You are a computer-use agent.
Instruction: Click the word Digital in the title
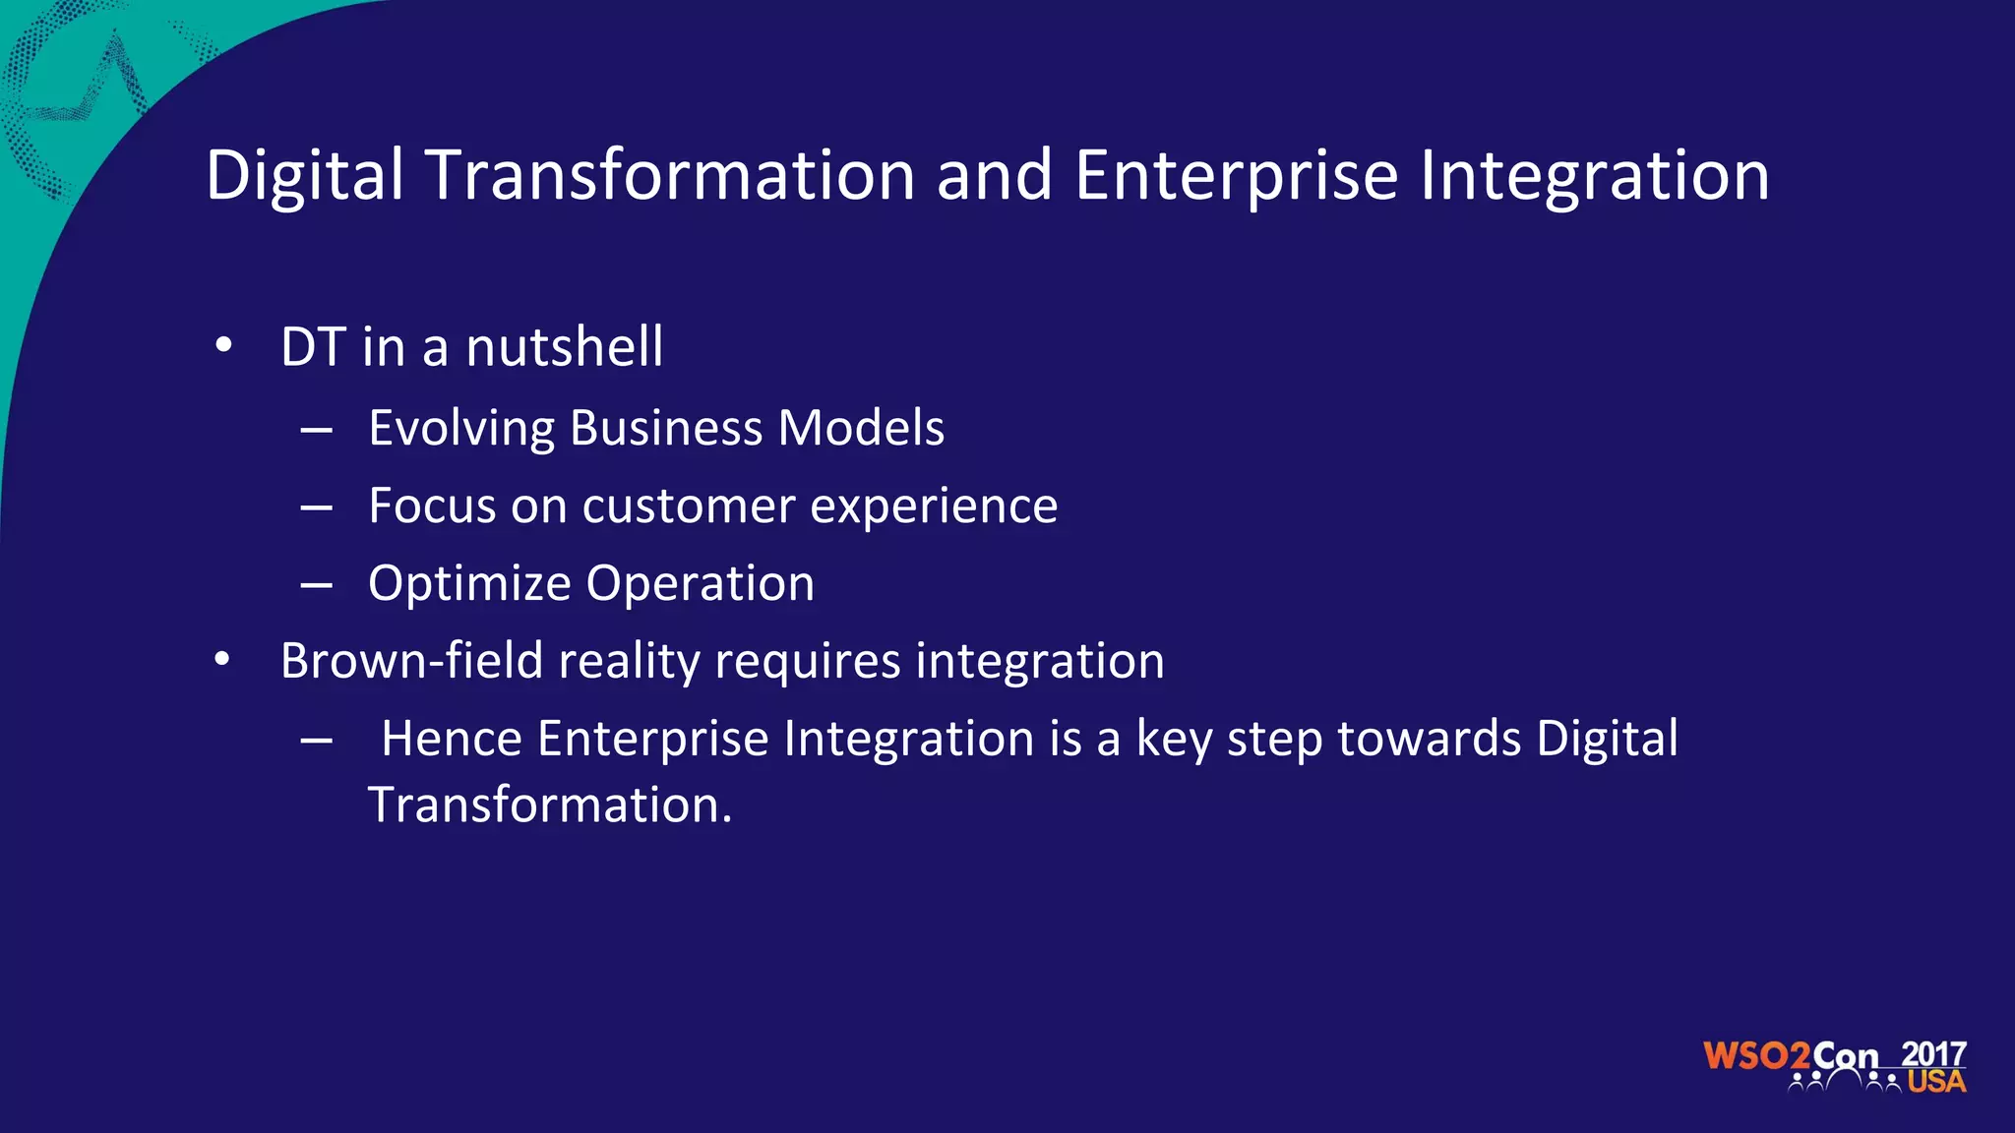coord(305,175)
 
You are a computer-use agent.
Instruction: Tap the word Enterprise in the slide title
coord(1236,175)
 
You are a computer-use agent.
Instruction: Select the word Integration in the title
coord(1594,175)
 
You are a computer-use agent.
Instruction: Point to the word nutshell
coord(564,347)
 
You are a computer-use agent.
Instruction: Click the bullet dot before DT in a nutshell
coord(223,346)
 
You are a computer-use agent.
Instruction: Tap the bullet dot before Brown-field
coord(223,660)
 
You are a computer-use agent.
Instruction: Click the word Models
coord(861,429)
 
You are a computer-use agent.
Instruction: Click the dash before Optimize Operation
coord(316,585)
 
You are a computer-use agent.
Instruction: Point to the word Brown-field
coord(411,660)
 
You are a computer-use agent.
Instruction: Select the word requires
coord(807,662)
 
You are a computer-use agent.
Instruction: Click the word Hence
coord(451,739)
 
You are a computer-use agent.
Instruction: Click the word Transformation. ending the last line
coord(550,805)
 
